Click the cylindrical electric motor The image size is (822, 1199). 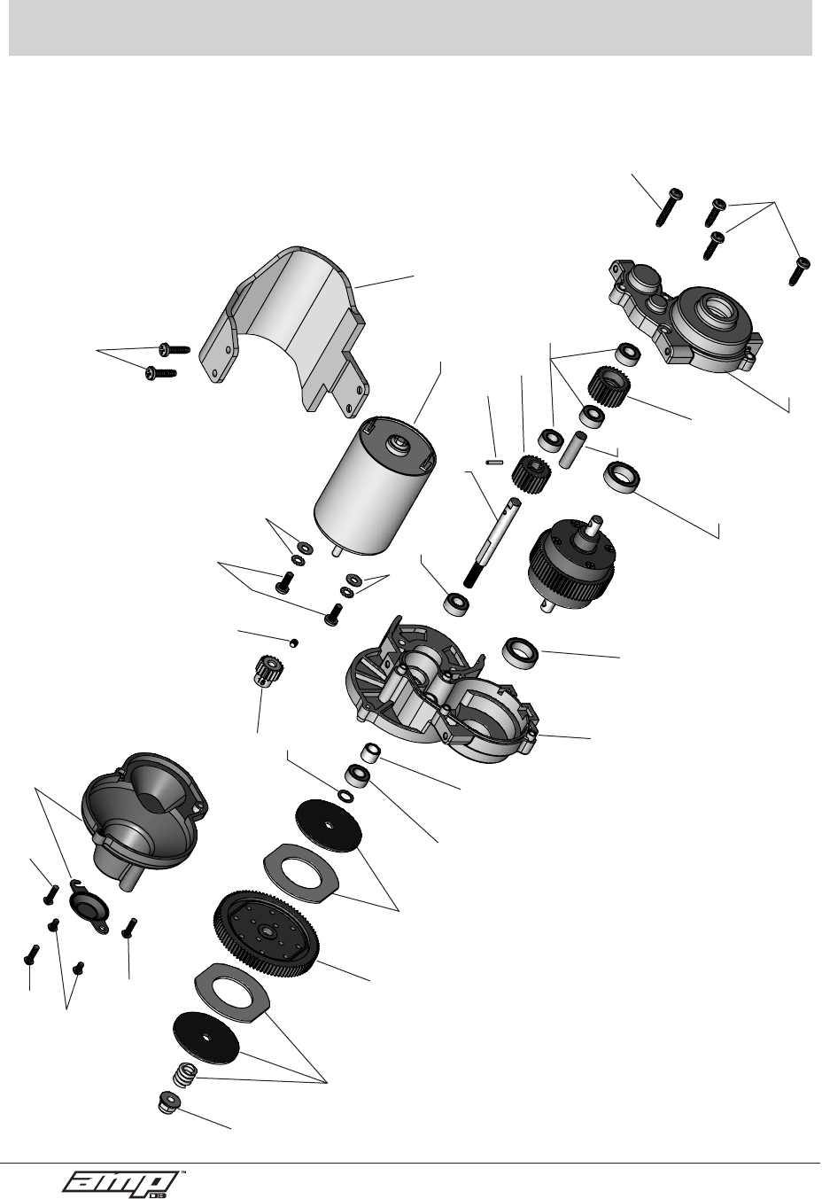point(375,487)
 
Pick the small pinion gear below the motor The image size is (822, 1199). point(268,670)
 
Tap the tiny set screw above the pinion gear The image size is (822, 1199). point(294,642)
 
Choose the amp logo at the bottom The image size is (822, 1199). point(120,1180)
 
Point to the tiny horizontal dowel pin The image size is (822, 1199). point(494,460)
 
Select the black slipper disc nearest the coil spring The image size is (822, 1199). point(206,1039)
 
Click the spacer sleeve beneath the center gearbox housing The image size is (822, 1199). point(371,753)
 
